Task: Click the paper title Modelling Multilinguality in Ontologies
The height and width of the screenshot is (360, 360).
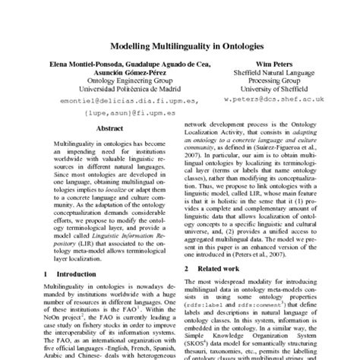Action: coord(180,46)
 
